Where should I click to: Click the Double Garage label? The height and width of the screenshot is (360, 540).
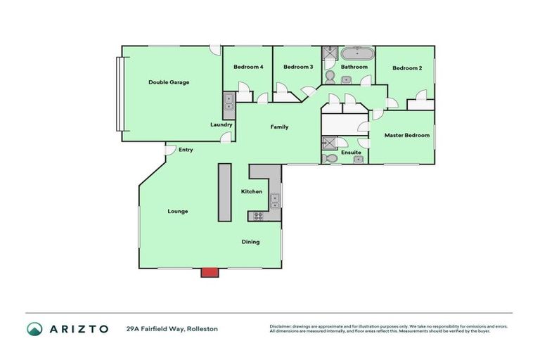click(x=169, y=82)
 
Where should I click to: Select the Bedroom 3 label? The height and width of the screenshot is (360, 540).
click(x=298, y=67)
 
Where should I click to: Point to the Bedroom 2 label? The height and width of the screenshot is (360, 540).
click(x=407, y=68)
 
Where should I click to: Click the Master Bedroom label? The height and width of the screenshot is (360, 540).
click(x=406, y=135)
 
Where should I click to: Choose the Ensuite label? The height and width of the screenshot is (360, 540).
click(x=351, y=153)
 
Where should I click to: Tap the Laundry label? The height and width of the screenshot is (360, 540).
click(x=221, y=125)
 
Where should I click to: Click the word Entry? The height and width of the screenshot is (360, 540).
click(x=186, y=150)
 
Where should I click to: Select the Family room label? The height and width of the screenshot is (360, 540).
click(x=280, y=127)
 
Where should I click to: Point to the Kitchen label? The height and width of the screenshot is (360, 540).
click(x=252, y=192)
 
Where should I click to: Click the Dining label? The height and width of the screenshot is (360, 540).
click(x=251, y=242)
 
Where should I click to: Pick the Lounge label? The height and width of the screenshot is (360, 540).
click(x=178, y=211)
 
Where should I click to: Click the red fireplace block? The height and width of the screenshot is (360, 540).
click(x=209, y=272)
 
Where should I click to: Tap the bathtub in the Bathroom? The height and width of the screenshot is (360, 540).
click(x=357, y=53)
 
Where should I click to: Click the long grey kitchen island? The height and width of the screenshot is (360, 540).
click(x=224, y=192)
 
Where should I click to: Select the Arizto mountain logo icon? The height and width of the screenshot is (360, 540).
click(x=34, y=328)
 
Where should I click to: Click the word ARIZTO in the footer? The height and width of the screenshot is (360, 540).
click(x=78, y=328)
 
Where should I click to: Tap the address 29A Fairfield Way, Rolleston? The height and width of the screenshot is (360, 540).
click(x=172, y=328)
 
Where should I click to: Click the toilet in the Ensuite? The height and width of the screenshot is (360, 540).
click(x=331, y=158)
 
